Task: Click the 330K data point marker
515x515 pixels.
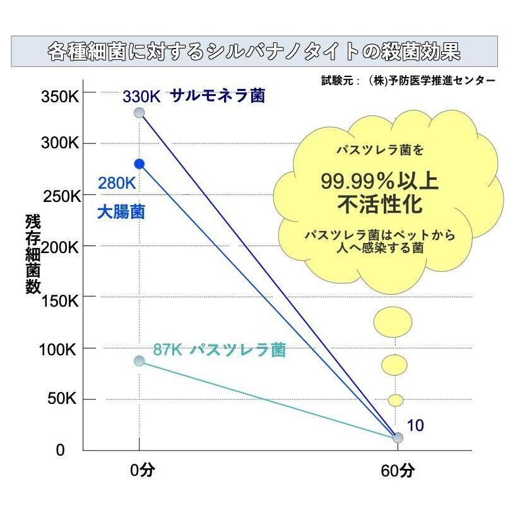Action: point(139,113)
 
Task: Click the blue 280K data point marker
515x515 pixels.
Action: point(139,164)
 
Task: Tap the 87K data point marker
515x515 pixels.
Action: point(139,361)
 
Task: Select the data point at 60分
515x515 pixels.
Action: point(398,437)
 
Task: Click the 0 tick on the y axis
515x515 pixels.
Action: point(60,450)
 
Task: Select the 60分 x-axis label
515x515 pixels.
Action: point(398,471)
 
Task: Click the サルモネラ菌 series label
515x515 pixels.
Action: point(218,97)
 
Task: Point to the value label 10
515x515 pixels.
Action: point(415,426)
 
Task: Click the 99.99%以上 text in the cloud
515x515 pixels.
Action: point(379,182)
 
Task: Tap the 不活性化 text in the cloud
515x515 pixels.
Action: point(379,205)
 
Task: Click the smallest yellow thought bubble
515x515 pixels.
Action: point(396,400)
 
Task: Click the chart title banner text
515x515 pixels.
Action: point(254,52)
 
